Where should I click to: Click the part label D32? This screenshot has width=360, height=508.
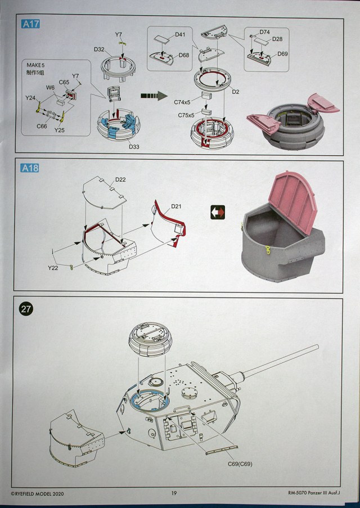(99, 50)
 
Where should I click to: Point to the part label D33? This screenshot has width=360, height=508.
(133, 147)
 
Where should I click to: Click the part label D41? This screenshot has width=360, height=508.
(180, 35)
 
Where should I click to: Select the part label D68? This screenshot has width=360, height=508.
(184, 55)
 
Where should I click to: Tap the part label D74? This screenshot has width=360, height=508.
(264, 32)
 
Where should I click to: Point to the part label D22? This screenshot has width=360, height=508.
(120, 179)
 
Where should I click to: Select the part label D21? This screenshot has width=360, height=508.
(176, 207)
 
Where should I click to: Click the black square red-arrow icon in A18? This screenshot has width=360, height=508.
(217, 212)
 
